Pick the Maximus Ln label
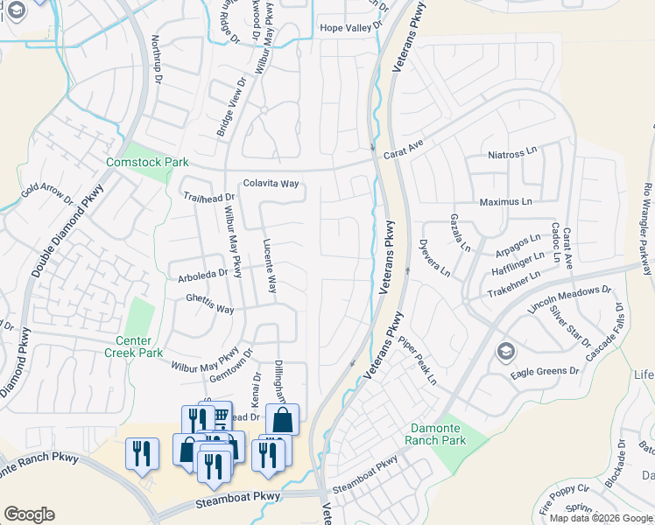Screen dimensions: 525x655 click(x=505, y=202)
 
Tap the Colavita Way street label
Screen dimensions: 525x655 click(x=271, y=184)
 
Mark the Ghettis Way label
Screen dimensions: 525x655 click(x=209, y=310)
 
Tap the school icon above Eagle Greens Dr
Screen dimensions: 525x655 click(x=505, y=352)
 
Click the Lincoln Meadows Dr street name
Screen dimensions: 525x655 click(x=570, y=299)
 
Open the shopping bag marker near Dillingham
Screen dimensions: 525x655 click(x=282, y=419)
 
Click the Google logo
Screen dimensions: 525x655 click(x=29, y=514)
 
